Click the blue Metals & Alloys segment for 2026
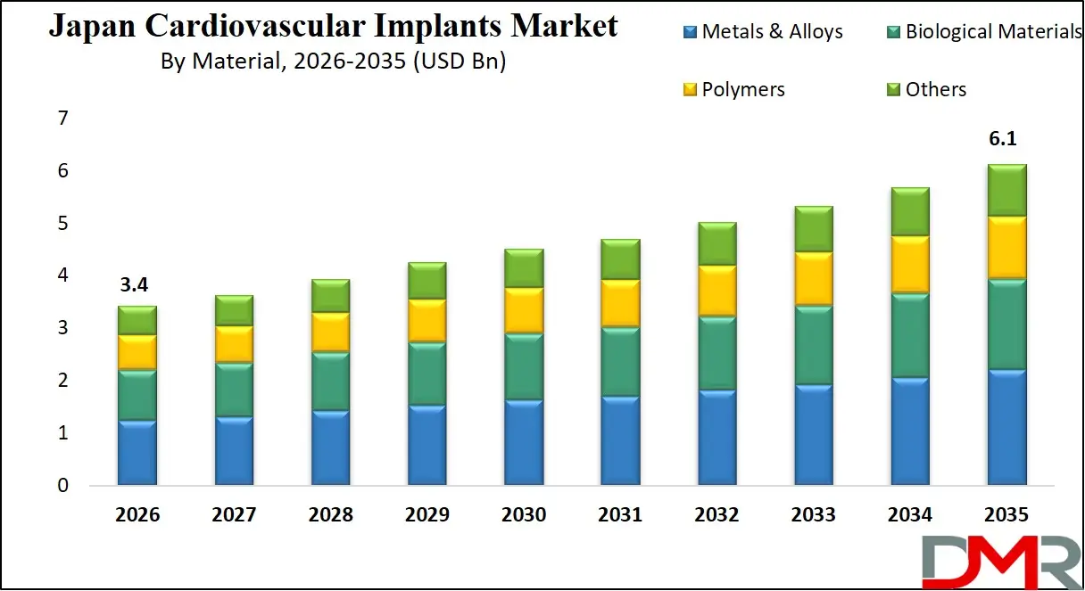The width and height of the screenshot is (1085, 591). tap(137, 453)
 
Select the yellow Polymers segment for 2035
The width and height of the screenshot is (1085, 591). tap(1006, 247)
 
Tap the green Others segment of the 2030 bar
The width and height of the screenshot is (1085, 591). tap(525, 268)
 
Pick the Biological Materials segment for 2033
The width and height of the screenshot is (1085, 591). tap(813, 346)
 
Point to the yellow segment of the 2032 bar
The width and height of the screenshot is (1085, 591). tap(716, 291)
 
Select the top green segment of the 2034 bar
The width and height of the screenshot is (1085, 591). tap(909, 212)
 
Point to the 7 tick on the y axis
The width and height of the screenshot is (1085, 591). tap(62, 118)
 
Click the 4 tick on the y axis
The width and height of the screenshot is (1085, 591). tap(62, 275)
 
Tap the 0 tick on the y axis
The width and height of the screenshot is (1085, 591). tap(62, 486)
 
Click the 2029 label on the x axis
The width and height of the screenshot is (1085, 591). tap(427, 515)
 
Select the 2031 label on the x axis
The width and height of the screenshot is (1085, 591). tap(620, 515)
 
